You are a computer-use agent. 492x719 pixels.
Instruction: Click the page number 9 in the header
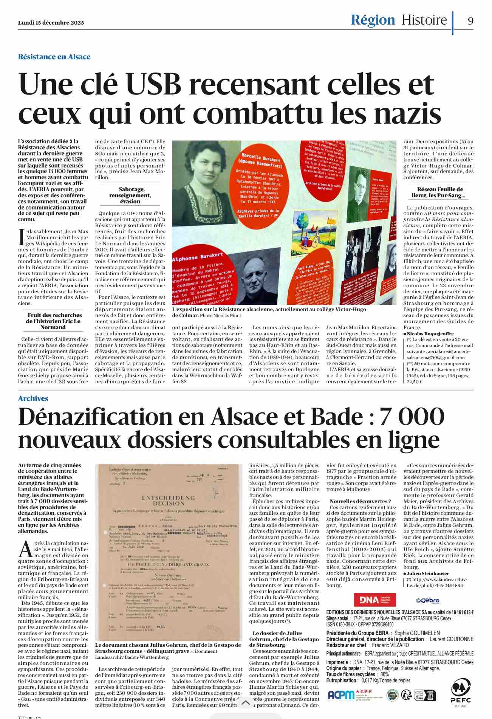point(470,21)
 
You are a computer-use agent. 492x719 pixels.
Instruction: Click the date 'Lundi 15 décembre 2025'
point(51,23)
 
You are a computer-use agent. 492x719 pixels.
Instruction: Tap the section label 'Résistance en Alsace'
point(54,57)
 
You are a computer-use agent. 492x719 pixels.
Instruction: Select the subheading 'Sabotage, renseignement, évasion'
point(130,195)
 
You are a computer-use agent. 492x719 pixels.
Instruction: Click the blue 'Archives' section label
point(33,398)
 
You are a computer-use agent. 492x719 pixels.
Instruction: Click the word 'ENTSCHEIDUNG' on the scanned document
point(168,498)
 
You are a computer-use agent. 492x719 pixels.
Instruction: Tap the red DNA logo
point(374,600)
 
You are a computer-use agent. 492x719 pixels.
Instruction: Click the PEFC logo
point(461,691)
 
